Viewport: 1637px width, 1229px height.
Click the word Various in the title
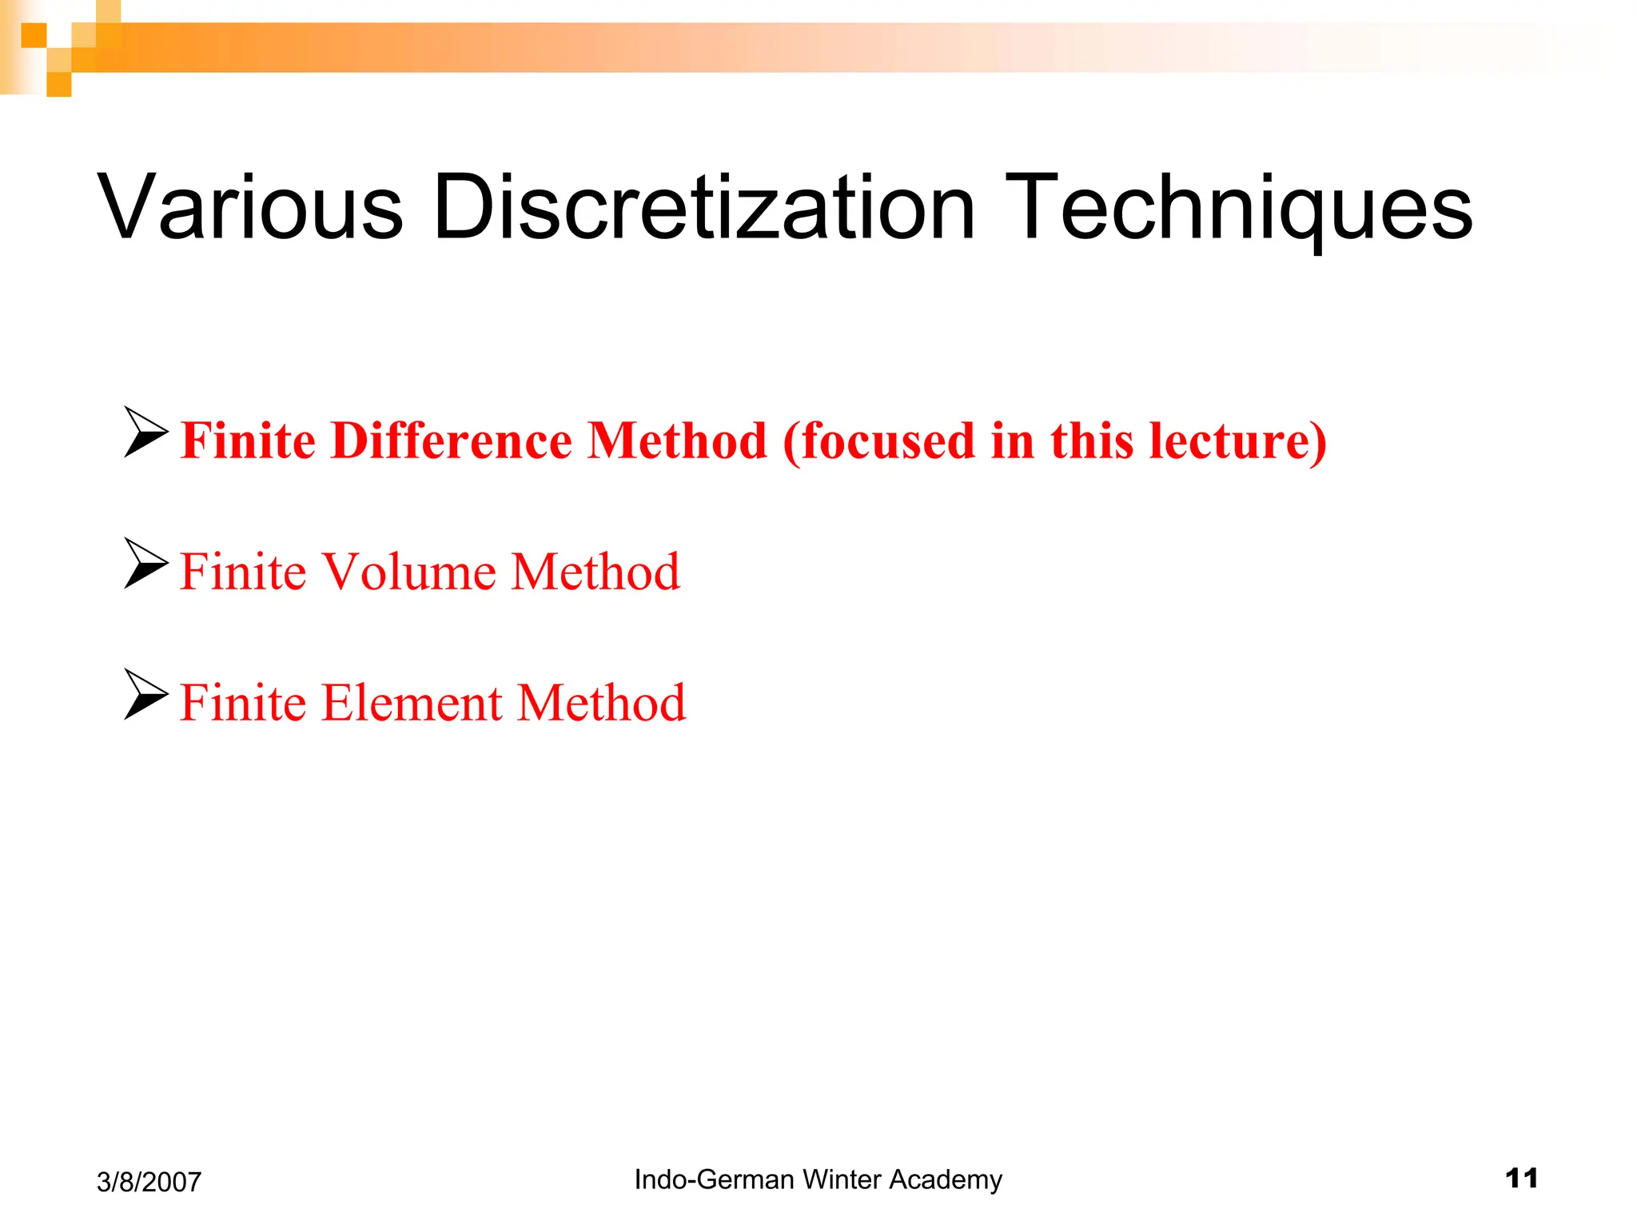(250, 207)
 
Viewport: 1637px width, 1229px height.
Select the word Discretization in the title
(703, 207)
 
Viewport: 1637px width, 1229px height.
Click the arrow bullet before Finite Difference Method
(146, 432)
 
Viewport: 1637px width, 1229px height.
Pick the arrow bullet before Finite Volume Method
(146, 563)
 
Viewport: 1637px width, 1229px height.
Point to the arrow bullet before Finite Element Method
(146, 694)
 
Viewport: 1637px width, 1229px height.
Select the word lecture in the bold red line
(1231, 441)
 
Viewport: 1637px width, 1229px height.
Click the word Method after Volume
(595, 572)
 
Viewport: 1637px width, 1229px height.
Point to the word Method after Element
(601, 703)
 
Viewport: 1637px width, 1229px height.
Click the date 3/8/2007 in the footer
(149, 1182)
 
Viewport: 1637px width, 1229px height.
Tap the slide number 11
(1521, 1178)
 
